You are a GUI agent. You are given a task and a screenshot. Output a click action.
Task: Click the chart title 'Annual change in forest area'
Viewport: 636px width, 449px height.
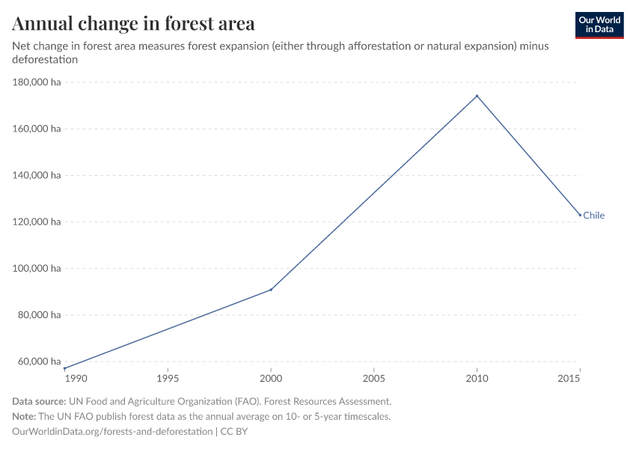tap(133, 23)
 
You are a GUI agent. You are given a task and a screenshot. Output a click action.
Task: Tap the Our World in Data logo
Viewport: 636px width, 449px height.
tap(599, 25)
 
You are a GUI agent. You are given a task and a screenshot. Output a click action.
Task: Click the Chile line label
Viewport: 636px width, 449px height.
tap(593, 216)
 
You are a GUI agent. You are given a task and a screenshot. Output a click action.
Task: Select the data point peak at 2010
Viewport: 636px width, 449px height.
tap(477, 96)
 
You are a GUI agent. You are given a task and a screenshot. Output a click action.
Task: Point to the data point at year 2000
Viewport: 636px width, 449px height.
tap(271, 290)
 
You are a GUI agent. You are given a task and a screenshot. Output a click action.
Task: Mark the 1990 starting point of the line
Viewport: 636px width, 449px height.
tap(65, 368)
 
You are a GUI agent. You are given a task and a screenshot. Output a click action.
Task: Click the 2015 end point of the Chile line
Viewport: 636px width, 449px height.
tap(580, 216)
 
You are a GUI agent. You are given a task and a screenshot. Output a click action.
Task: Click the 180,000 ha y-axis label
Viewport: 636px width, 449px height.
tap(37, 82)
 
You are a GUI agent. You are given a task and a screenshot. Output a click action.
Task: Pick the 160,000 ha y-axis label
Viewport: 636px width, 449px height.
tap(37, 129)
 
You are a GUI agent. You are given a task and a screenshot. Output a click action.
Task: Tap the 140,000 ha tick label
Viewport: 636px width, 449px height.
tap(37, 175)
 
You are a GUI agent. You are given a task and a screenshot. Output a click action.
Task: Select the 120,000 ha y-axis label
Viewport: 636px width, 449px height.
tap(37, 222)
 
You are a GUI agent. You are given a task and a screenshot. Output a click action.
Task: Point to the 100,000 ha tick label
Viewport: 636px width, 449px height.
tap(37, 269)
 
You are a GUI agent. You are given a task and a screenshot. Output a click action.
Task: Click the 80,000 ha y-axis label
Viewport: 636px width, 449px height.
tap(39, 315)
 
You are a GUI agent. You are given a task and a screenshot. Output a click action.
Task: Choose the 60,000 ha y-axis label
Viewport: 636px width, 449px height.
tap(39, 361)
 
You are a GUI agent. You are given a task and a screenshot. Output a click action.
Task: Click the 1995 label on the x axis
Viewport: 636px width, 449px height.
tap(168, 379)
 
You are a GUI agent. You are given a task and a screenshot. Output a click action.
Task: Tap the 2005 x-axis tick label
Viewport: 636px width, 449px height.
tap(373, 379)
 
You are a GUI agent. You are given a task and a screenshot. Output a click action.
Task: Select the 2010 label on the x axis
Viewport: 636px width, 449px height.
tap(477, 379)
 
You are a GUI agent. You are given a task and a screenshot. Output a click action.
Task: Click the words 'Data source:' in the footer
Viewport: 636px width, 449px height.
tap(38, 402)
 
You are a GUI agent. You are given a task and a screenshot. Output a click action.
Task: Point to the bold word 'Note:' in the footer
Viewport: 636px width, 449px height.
tap(26, 417)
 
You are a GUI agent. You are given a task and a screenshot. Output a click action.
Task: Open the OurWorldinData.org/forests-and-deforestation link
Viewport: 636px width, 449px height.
tap(112, 432)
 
